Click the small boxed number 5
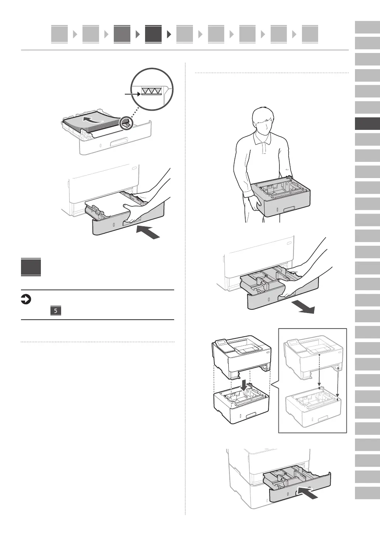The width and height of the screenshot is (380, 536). [56, 311]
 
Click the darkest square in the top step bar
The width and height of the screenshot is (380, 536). [153, 34]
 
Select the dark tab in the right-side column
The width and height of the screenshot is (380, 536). [367, 124]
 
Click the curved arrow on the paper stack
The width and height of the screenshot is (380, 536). [92, 119]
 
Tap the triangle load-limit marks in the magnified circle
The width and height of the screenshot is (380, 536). [152, 91]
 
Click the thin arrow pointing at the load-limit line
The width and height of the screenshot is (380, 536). [133, 94]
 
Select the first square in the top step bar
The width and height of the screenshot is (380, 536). [59, 34]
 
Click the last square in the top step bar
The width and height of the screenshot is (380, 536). [310, 34]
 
